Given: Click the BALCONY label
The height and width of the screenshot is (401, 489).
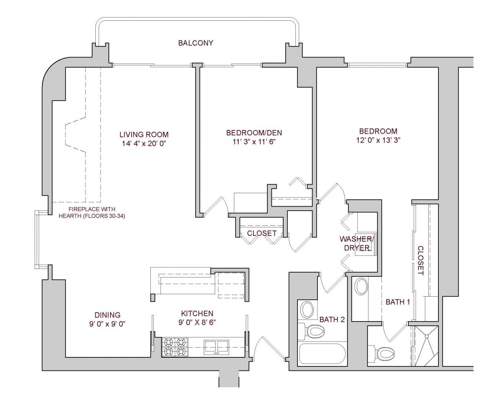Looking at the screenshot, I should pyautogui.click(x=196, y=43).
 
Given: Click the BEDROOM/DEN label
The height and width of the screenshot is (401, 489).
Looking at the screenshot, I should pyautogui.click(x=254, y=133).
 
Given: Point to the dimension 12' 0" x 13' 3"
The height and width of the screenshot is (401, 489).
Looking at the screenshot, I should pyautogui.click(x=378, y=140).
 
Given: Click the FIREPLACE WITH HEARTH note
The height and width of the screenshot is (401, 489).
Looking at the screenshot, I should pyautogui.click(x=97, y=213).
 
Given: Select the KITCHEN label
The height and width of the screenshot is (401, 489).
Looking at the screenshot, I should pyautogui.click(x=197, y=313).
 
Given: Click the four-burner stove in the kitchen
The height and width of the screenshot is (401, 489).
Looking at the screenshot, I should pyautogui.click(x=174, y=347).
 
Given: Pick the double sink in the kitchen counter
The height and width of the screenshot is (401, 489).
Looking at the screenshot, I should pyautogui.click(x=216, y=347).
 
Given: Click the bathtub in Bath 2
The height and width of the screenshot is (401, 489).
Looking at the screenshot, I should pyautogui.click(x=322, y=354).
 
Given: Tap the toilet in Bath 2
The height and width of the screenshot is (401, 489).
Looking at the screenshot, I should pyautogui.click(x=309, y=331).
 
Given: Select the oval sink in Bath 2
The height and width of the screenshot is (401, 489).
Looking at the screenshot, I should pyautogui.click(x=307, y=310).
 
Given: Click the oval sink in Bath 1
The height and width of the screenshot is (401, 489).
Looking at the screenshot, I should pyautogui.click(x=361, y=287).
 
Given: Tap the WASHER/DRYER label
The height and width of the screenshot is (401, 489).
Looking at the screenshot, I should pyautogui.click(x=357, y=243).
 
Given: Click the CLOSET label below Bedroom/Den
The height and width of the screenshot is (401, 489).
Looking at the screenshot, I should pyautogui.click(x=262, y=233).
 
